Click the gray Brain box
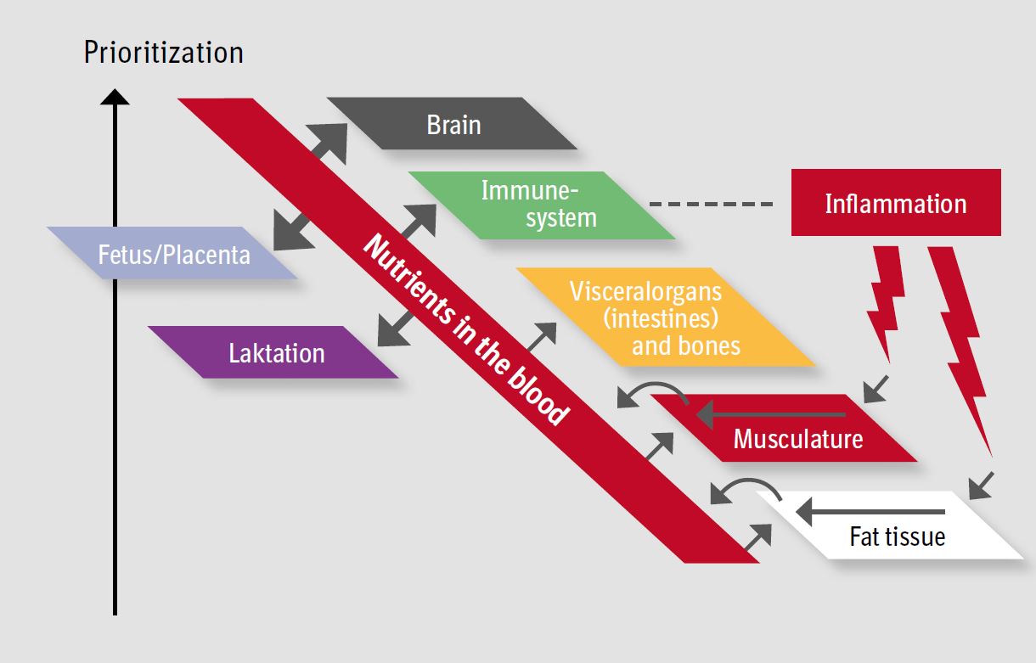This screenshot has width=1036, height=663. [x=453, y=124]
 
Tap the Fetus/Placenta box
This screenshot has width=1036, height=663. [x=173, y=253]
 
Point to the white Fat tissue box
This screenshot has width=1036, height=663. [x=896, y=536]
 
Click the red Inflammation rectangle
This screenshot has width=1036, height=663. [x=895, y=203]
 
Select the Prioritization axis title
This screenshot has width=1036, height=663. [x=163, y=53]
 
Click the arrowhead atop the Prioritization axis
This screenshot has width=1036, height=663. [x=115, y=97]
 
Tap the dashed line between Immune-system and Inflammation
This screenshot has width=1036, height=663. [x=711, y=205]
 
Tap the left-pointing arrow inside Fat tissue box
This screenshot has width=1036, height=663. [x=870, y=512]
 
